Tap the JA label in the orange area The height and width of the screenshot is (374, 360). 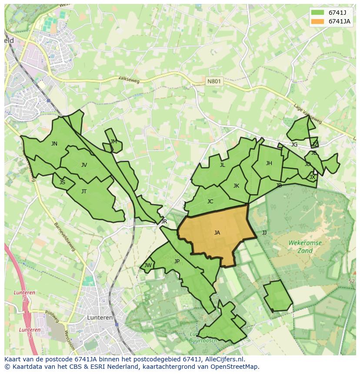pos(217,233)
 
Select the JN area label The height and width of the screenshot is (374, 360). pos(54,144)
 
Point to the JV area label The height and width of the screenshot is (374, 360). pos(84,165)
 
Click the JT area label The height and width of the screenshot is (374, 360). pos(84,192)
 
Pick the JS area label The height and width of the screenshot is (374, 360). pos(62,182)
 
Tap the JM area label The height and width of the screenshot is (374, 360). pos(113,142)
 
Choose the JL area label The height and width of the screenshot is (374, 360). pos(222,165)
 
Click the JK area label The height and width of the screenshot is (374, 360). pos(236,186)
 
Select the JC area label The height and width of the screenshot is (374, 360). pos(210,202)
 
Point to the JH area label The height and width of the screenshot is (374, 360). pos(269,163)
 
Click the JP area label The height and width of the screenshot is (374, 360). pos(177,261)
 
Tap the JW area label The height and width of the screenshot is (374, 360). pos(148,265)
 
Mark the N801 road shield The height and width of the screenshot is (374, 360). pos(213,81)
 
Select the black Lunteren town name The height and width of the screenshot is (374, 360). pos(100,318)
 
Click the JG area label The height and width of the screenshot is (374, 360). pos(294,145)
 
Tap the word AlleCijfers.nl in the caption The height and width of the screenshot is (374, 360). pos(223,359)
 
